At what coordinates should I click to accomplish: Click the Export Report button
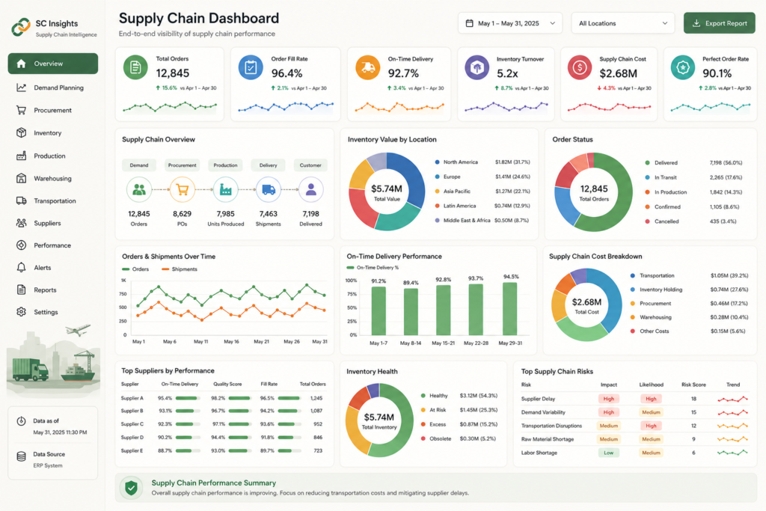coord(719,23)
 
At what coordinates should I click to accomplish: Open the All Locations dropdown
coord(623,23)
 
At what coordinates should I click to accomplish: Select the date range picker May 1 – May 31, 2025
coord(510,23)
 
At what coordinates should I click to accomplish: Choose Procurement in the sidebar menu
coord(53,111)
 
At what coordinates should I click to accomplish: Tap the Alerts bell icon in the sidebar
coord(21,268)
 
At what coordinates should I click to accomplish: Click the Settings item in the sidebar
coord(46,312)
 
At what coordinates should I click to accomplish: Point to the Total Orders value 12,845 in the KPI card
coord(173,73)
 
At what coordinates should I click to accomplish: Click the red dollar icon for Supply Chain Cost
coord(580,67)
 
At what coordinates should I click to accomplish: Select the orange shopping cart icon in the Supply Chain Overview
coord(183,189)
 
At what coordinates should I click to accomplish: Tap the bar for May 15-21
coord(443,310)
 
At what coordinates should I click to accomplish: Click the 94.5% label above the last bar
coord(510,277)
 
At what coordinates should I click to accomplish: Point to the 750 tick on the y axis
coord(123,294)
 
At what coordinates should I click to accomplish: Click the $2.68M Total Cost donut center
coord(586,305)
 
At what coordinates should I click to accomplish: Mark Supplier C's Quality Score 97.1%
coord(218,424)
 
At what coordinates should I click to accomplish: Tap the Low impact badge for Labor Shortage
coord(609,453)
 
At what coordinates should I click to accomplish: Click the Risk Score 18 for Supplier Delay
coord(693,399)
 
